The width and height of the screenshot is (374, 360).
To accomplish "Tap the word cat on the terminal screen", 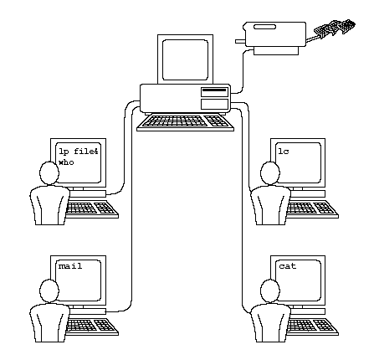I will (289, 265).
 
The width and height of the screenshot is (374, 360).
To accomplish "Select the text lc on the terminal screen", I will (284, 150).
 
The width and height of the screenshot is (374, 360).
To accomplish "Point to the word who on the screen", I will (66, 162).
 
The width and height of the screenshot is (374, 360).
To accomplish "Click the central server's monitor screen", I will (183, 56).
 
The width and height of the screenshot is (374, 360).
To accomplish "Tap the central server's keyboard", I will (183, 121).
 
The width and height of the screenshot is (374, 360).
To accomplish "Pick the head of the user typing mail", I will (46, 290).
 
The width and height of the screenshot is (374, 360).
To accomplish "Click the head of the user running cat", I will (269, 290).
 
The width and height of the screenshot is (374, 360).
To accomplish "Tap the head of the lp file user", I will (47, 173).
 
